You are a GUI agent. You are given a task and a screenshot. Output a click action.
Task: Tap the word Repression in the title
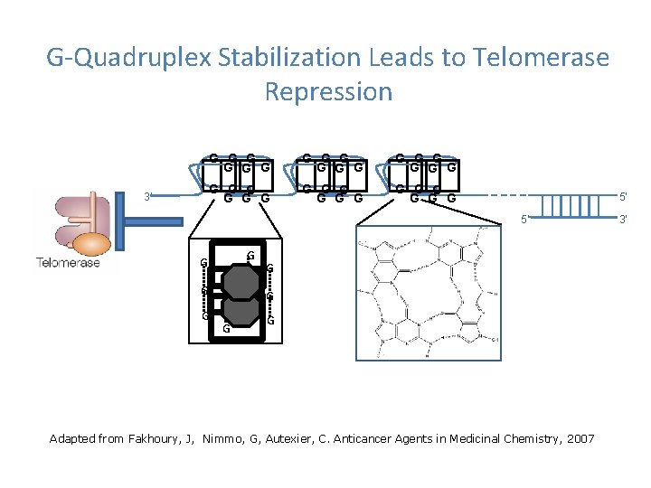point(329,91)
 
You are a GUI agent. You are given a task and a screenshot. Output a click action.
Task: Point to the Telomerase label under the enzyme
point(68,263)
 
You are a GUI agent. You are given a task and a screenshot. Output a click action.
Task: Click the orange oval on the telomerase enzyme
point(91,244)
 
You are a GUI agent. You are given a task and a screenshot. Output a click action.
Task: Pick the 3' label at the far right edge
point(622,219)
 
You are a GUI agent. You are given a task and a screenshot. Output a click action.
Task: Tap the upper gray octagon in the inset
point(241,280)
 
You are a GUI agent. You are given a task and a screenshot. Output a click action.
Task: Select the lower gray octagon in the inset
point(241,312)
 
